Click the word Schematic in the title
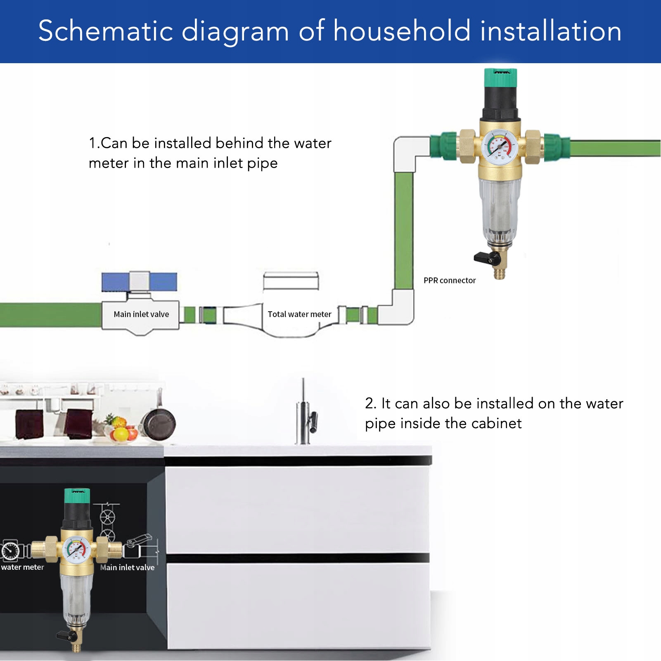pyautogui.click(x=106, y=31)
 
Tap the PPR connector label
pyautogui.click(x=449, y=281)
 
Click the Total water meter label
pyautogui.click(x=299, y=314)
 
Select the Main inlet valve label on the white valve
pyautogui.click(x=141, y=314)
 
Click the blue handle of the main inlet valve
pyautogui.click(x=139, y=282)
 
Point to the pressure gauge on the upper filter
pyautogui.click(x=500, y=147)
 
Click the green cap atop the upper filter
pyautogui.click(x=500, y=78)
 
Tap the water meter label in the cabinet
pyautogui.click(x=22, y=567)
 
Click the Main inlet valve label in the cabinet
pyautogui.click(x=127, y=568)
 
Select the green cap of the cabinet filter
pyautogui.click(x=77, y=496)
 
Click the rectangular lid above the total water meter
pyautogui.click(x=291, y=281)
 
